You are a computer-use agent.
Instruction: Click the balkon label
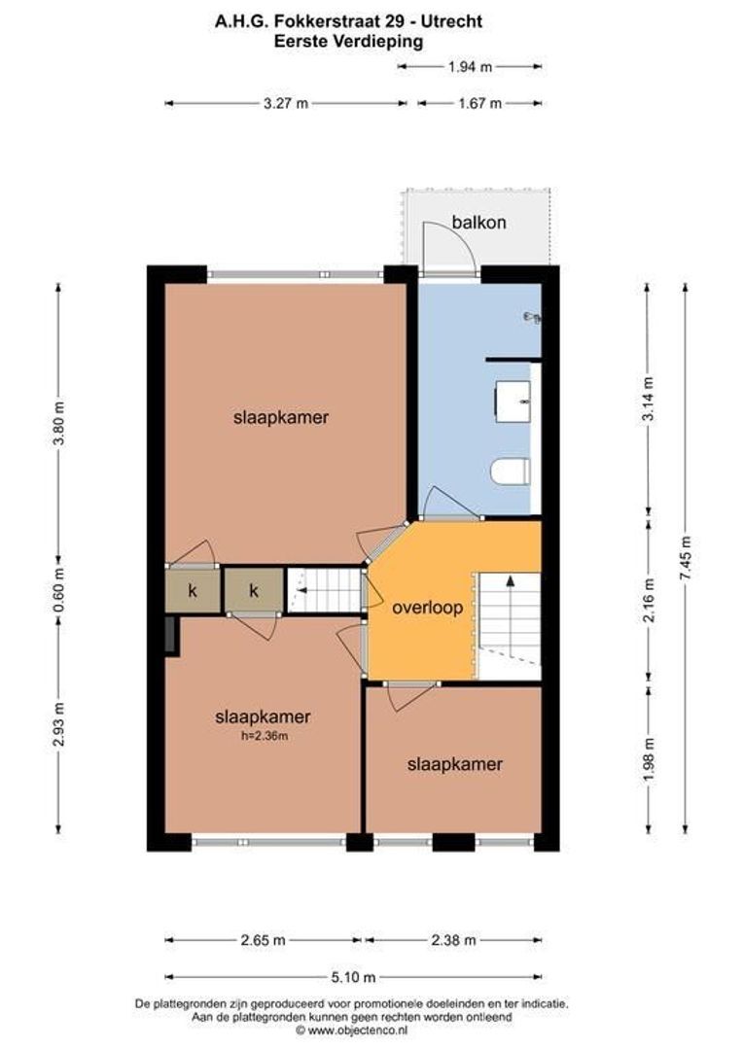tap(478, 223)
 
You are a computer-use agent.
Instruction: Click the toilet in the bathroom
tap(509, 472)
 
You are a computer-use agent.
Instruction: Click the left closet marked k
tap(192, 590)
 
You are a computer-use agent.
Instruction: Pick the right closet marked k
tap(254, 590)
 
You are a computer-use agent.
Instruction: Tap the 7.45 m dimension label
tap(686, 557)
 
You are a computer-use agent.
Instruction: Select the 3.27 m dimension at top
tap(285, 104)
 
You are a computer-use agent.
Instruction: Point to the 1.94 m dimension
tap(470, 67)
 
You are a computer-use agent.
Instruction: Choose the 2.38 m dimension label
tap(453, 940)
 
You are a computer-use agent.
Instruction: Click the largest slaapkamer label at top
tap(280, 418)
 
